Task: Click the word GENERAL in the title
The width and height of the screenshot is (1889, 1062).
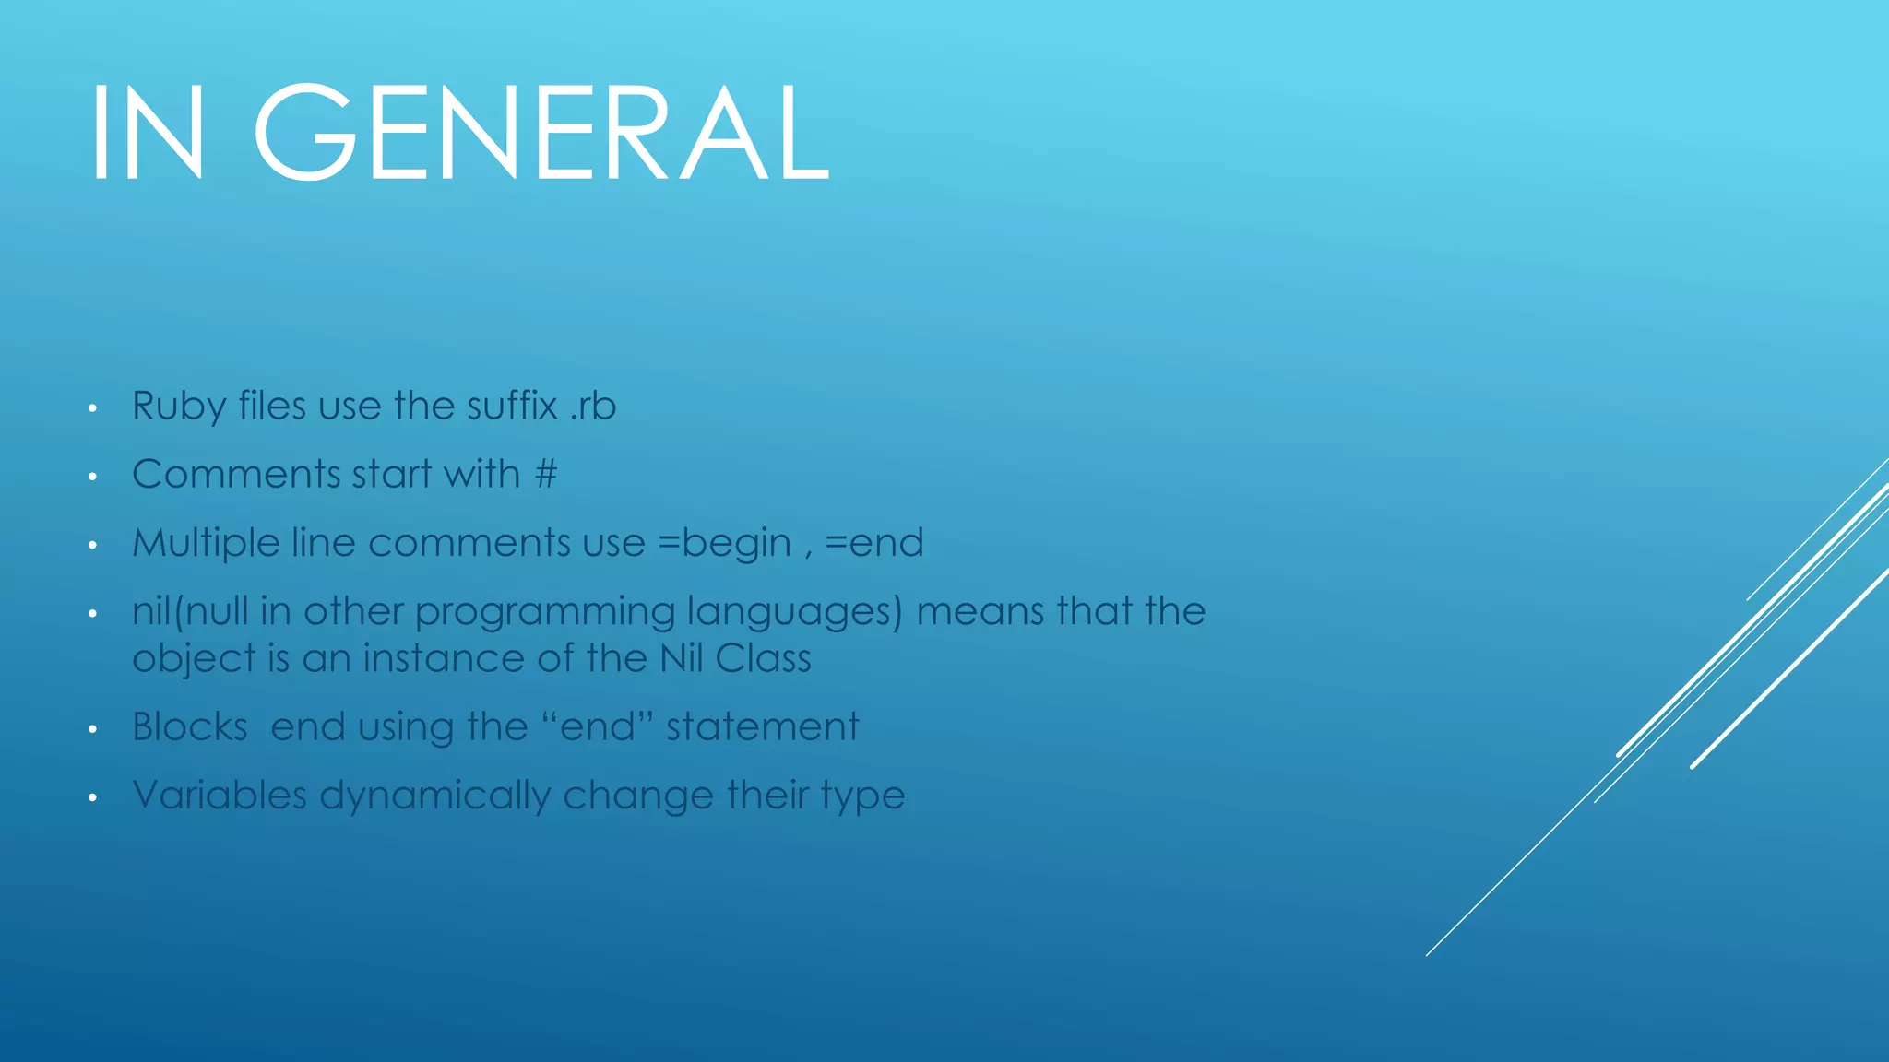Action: [542, 133]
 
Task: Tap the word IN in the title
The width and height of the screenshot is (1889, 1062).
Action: [148, 133]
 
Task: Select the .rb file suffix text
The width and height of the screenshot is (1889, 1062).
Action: [593, 407]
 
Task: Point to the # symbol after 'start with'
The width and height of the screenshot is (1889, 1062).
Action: [546, 475]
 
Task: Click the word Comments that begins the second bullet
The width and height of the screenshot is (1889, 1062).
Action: [236, 475]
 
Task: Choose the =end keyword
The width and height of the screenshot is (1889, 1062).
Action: [873, 543]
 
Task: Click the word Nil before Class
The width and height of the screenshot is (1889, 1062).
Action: [681, 658]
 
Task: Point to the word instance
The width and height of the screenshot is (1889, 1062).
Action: [444, 658]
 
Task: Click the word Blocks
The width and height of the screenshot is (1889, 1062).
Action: [190, 727]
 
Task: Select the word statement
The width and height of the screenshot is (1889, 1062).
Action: [762, 727]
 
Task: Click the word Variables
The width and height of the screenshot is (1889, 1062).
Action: [220, 796]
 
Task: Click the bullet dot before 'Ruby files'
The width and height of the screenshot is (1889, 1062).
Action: [92, 408]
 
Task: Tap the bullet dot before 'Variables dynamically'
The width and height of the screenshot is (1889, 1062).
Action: [92, 797]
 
